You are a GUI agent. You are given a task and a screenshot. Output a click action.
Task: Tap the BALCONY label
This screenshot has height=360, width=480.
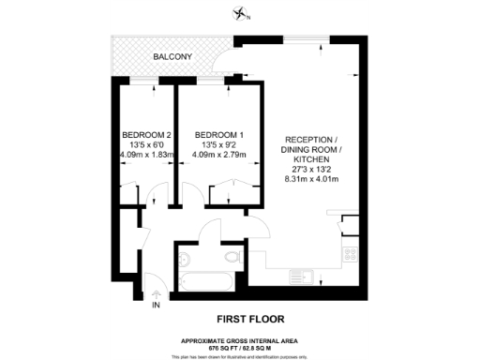[x=173, y=57]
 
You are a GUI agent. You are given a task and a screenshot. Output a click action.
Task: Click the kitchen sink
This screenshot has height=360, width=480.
[x=305, y=276]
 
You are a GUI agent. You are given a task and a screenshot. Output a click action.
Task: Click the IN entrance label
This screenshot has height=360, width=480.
[x=157, y=306]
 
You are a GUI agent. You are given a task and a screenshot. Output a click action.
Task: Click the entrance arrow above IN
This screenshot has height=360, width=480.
[x=157, y=294]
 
